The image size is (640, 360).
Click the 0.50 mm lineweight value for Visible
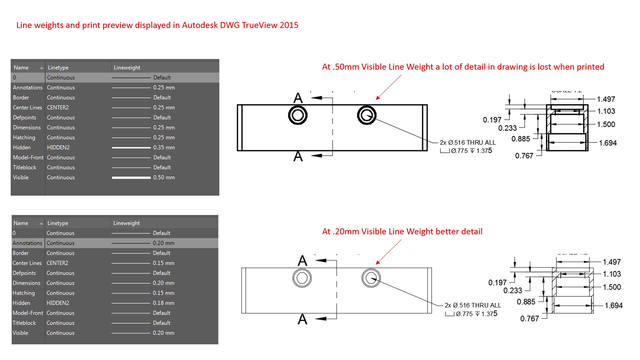[x=164, y=177]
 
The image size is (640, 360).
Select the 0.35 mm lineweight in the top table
[x=164, y=147]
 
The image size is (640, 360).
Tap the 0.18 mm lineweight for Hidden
[x=163, y=303]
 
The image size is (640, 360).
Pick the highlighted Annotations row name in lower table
[x=27, y=243]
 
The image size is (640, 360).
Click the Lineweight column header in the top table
[x=127, y=67]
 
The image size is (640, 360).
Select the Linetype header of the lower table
[x=57, y=223]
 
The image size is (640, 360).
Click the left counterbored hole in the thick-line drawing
[x=298, y=115]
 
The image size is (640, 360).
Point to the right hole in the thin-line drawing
[x=371, y=278]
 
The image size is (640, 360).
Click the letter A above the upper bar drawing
[x=298, y=98]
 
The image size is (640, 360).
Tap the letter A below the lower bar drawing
[x=302, y=319]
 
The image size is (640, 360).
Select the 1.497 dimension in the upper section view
[x=606, y=99]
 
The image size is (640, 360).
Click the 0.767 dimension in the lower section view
[x=529, y=319]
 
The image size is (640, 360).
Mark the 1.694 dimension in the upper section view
[x=607, y=143]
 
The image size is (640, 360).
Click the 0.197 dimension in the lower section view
[x=497, y=283]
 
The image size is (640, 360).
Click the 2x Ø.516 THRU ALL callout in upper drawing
[x=467, y=143]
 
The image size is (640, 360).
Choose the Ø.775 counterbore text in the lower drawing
[x=464, y=314]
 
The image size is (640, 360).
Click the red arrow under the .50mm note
[x=389, y=87]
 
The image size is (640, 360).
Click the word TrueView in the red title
[x=260, y=25]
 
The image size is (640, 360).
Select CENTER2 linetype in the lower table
[x=57, y=263]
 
